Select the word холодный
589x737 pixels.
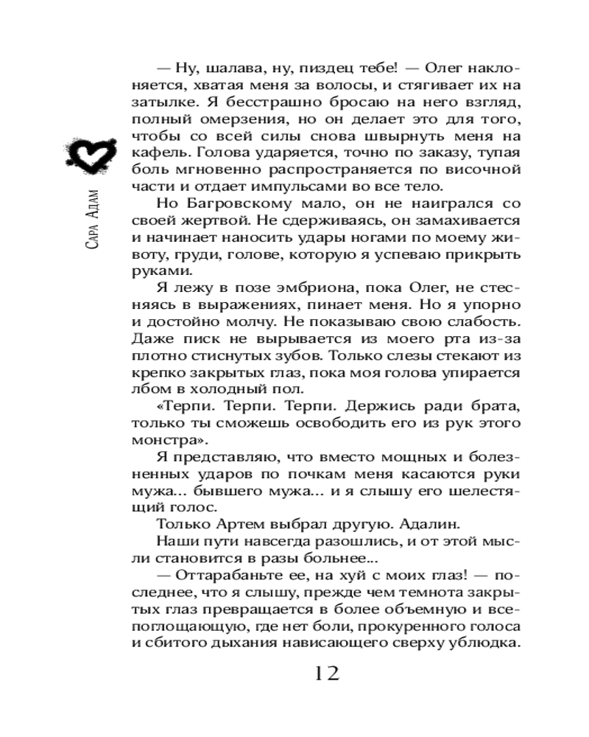228,389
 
